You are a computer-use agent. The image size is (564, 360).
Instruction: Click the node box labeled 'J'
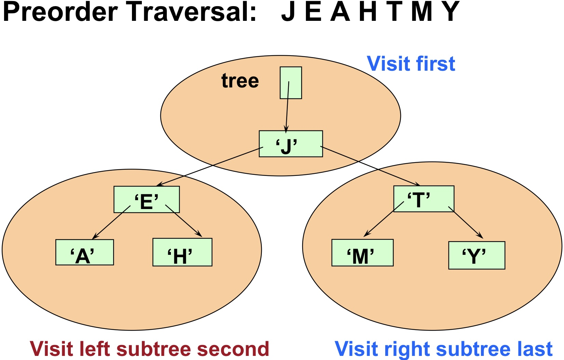(291, 144)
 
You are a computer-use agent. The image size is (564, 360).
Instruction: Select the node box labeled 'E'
(146, 199)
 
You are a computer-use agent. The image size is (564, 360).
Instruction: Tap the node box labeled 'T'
(424, 199)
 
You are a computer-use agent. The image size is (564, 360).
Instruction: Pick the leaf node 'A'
(84, 252)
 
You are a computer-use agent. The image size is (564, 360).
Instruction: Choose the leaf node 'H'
(182, 252)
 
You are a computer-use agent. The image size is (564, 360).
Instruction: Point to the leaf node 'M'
(362, 253)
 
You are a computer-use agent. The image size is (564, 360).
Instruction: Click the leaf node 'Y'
(476, 255)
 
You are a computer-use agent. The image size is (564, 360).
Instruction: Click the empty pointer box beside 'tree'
(291, 83)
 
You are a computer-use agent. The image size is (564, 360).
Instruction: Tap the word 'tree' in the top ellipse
(240, 81)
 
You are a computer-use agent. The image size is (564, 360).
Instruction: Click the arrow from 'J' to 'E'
(210, 167)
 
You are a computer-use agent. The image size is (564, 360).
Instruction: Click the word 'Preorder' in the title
(60, 12)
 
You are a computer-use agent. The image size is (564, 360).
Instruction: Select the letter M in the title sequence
(421, 12)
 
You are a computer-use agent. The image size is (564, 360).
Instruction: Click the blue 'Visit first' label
(411, 64)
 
